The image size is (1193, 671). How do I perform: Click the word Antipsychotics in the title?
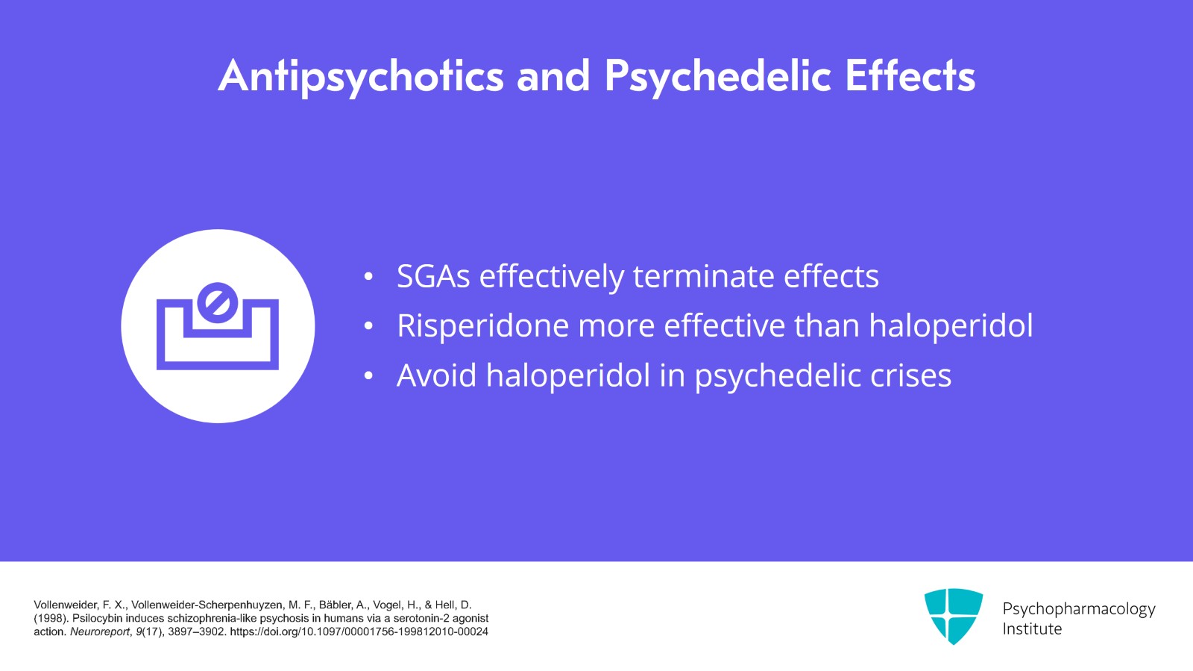click(x=361, y=77)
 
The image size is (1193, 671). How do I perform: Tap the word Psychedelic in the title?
click(x=717, y=77)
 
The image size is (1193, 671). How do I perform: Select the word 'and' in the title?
click(x=553, y=77)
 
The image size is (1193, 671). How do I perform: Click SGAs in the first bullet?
click(x=433, y=276)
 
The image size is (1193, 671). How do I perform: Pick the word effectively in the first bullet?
click(x=551, y=276)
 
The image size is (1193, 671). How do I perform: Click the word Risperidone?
click(x=482, y=326)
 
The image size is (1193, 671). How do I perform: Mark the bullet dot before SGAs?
click(x=368, y=277)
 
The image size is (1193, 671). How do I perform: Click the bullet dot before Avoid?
click(x=368, y=376)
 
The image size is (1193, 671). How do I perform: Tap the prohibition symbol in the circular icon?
click(x=217, y=302)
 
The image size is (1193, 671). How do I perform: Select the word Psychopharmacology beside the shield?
click(x=1078, y=609)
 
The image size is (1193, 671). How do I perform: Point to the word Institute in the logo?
click(x=1032, y=629)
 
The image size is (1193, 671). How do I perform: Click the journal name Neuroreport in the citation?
click(x=99, y=631)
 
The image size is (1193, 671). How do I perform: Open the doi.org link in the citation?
click(x=359, y=631)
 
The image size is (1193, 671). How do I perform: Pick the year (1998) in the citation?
click(x=50, y=618)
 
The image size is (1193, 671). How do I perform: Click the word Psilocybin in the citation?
click(x=97, y=618)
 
